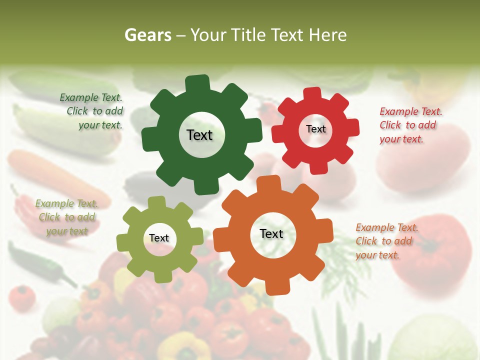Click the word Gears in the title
(147, 35)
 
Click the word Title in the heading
(286, 35)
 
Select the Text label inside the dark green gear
(199, 135)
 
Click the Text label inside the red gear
(315, 129)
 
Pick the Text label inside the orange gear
(271, 234)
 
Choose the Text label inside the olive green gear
(159, 238)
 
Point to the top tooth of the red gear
(312, 94)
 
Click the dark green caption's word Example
(79, 98)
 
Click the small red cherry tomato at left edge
(22, 297)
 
